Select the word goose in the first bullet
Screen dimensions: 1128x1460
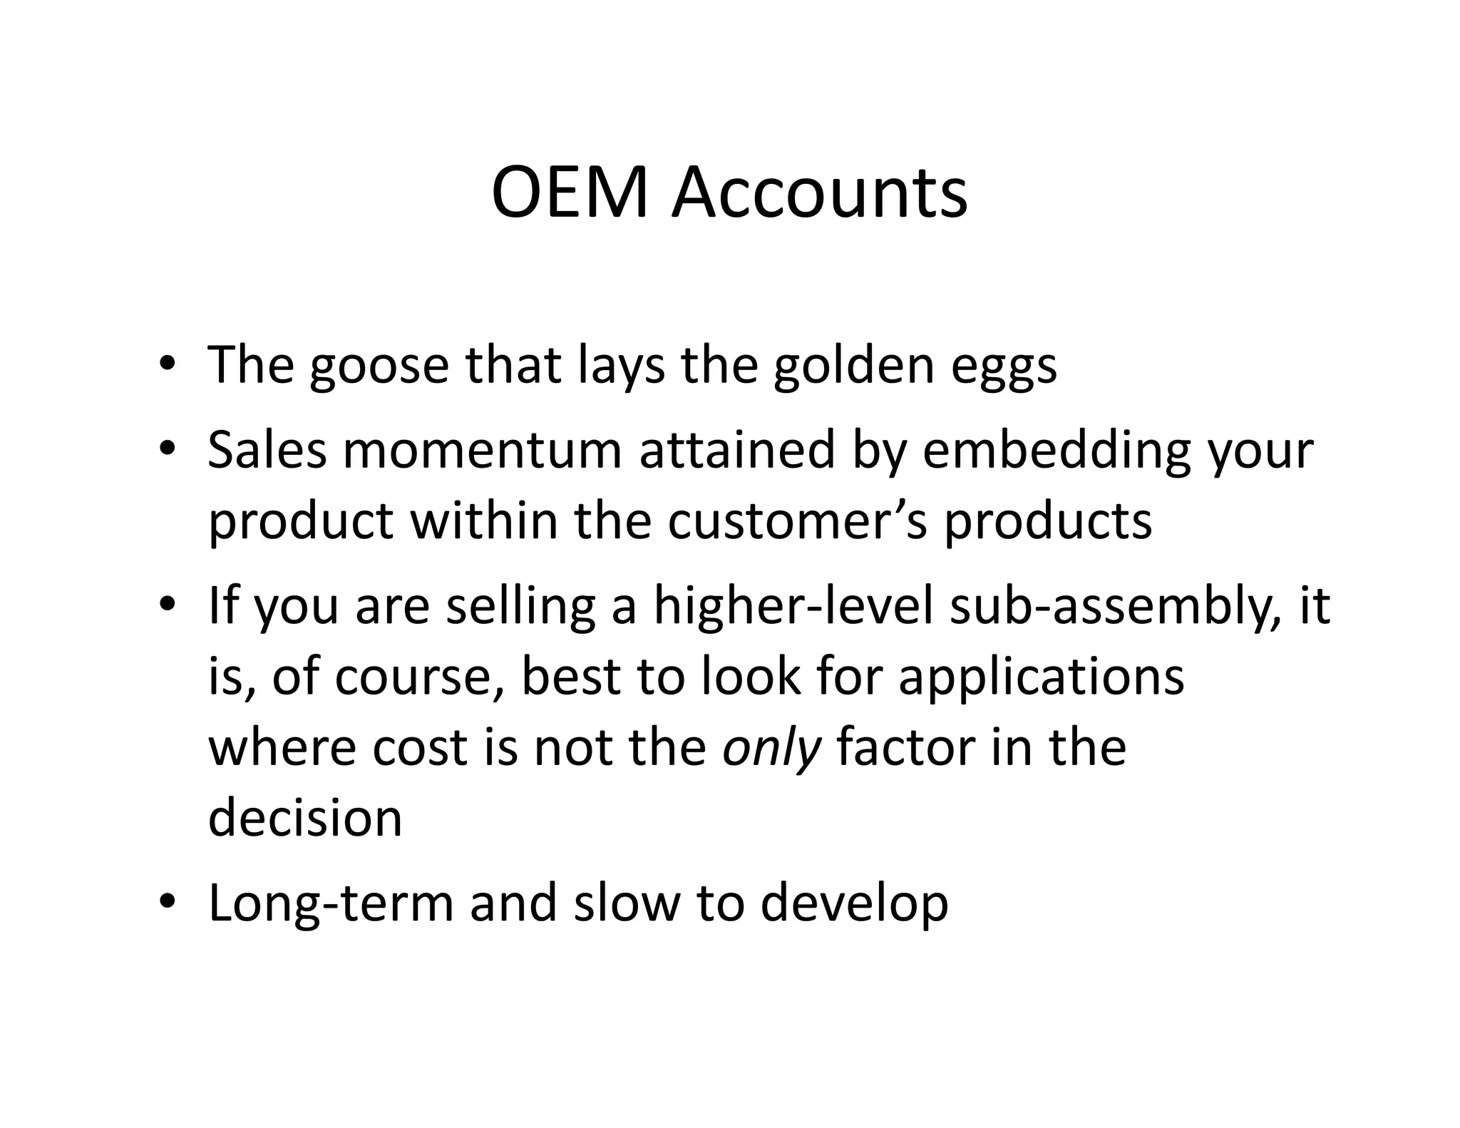[x=379, y=366]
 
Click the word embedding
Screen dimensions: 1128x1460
[x=1056, y=452]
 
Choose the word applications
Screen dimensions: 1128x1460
[x=1041, y=677]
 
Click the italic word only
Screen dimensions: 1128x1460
[x=771, y=749]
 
